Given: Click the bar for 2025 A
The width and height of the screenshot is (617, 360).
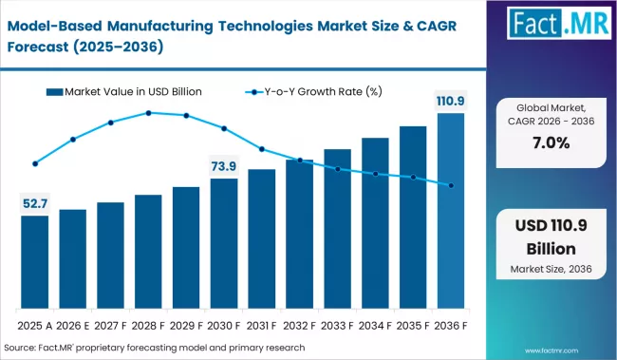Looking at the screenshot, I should (34, 262).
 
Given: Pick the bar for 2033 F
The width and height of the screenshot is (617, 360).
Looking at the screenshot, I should (338, 229).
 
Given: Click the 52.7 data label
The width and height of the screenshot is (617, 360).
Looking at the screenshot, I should (35, 201).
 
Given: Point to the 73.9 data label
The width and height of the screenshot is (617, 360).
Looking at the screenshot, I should (224, 165).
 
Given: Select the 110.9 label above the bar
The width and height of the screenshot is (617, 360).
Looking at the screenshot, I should (451, 100).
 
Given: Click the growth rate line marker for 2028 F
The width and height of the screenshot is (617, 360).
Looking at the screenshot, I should (149, 113).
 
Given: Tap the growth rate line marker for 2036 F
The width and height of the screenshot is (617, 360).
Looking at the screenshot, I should (451, 185).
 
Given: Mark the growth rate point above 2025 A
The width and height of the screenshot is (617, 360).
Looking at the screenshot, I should (35, 163).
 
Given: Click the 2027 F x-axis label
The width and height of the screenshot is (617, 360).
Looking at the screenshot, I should (110, 325).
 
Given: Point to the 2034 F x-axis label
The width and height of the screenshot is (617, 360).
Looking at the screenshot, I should (376, 325).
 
